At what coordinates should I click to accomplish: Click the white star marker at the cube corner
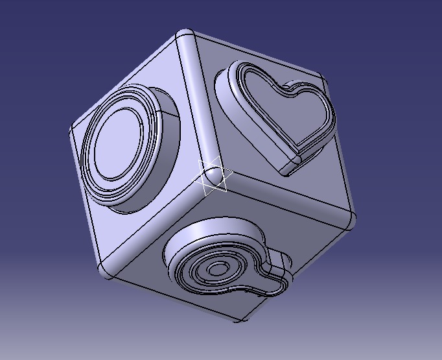tap(214, 176)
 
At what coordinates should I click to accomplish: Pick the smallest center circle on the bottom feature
tap(219, 267)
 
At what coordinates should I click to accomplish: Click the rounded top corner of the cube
tap(186, 36)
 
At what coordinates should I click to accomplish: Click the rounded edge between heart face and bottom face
tap(285, 198)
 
